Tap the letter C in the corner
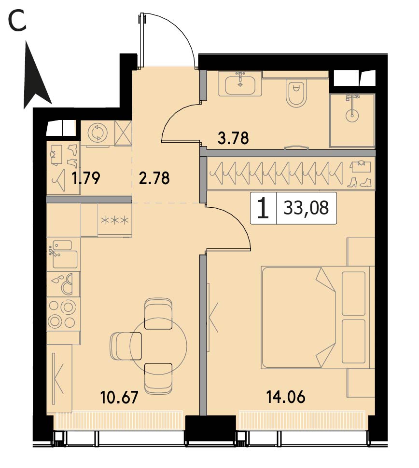pyautogui.click(x=17, y=21)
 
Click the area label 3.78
pyautogui.click(x=233, y=138)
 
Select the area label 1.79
pyautogui.click(x=85, y=178)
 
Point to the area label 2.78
pyautogui.click(x=154, y=178)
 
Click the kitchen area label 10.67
pyautogui.click(x=119, y=397)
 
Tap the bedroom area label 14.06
pyautogui.click(x=286, y=397)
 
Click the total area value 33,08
pyautogui.click(x=306, y=208)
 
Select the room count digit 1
pyautogui.click(x=263, y=208)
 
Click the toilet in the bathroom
pyautogui.click(x=296, y=93)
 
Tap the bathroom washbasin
pyautogui.click(x=240, y=83)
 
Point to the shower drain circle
pyautogui.click(x=352, y=115)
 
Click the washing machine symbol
pyautogui.click(x=98, y=133)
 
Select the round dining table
pyautogui.click(x=158, y=346)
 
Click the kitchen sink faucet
pyautogui.click(x=54, y=251)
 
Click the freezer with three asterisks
pyautogui.click(x=115, y=220)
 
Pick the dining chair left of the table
pyautogui.click(x=126, y=346)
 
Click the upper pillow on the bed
pyautogui.click(x=353, y=294)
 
